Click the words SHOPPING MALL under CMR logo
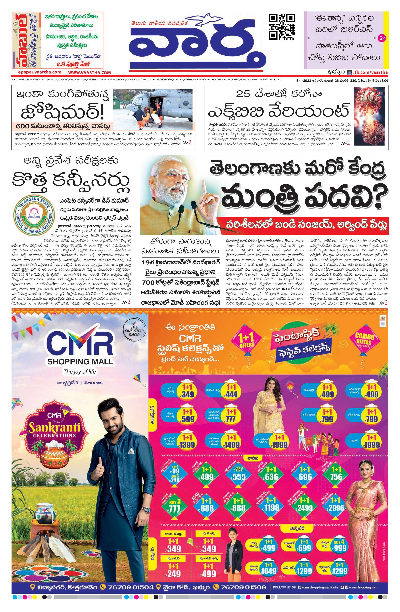[x=80, y=361]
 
